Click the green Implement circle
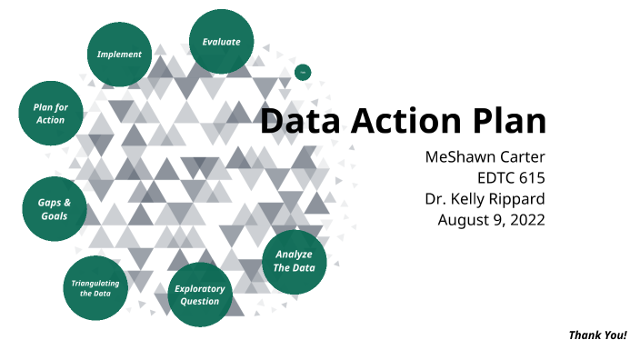119,55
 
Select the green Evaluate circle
221,43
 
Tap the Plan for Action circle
50,115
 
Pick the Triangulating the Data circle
95,288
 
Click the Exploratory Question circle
199,295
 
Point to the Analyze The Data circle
295,261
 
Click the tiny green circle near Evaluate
304,72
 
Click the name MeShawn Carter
485,157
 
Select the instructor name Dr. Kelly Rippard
485,199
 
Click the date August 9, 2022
491,220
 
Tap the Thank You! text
597,335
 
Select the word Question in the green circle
199,301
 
